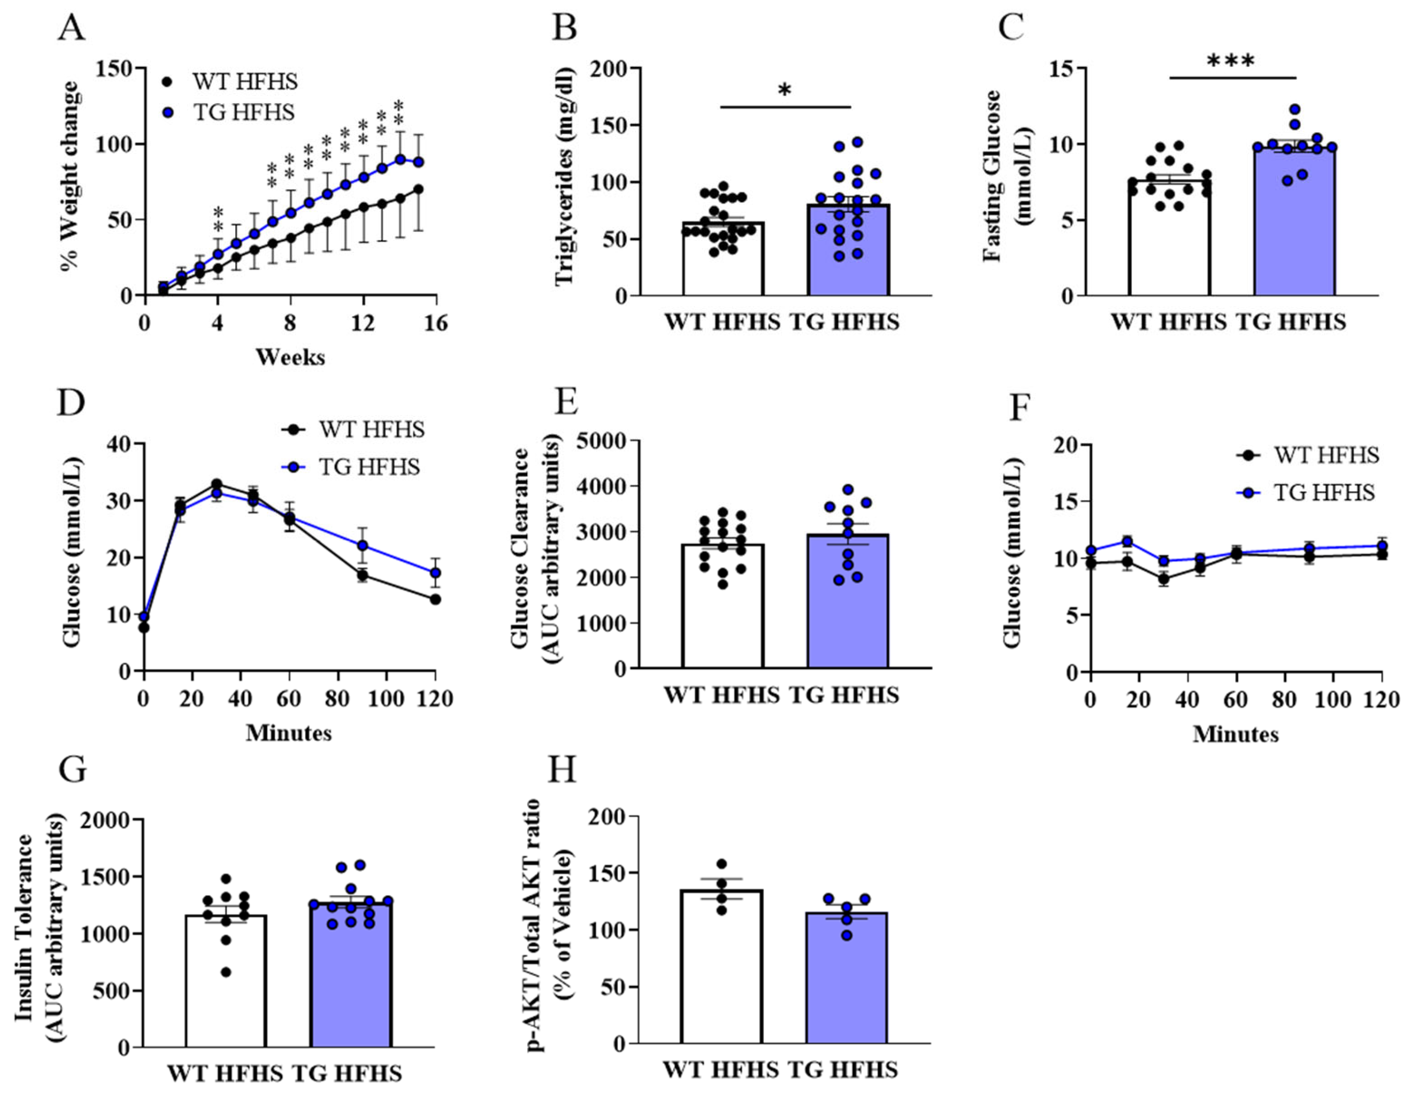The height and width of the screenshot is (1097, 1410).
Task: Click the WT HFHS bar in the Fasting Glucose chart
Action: click(1169, 245)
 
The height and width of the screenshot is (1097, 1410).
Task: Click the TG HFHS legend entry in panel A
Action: click(243, 112)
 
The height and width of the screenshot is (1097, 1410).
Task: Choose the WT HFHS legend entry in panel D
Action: click(371, 430)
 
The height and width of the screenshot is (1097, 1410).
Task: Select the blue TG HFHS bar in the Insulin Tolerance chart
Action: click(350, 981)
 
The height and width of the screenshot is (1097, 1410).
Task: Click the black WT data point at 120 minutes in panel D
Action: click(435, 599)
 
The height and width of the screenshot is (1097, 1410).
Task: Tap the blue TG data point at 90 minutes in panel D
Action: click(363, 546)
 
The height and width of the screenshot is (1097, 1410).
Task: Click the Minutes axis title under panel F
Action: click(1235, 734)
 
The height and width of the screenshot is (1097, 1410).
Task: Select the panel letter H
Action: click(562, 770)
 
